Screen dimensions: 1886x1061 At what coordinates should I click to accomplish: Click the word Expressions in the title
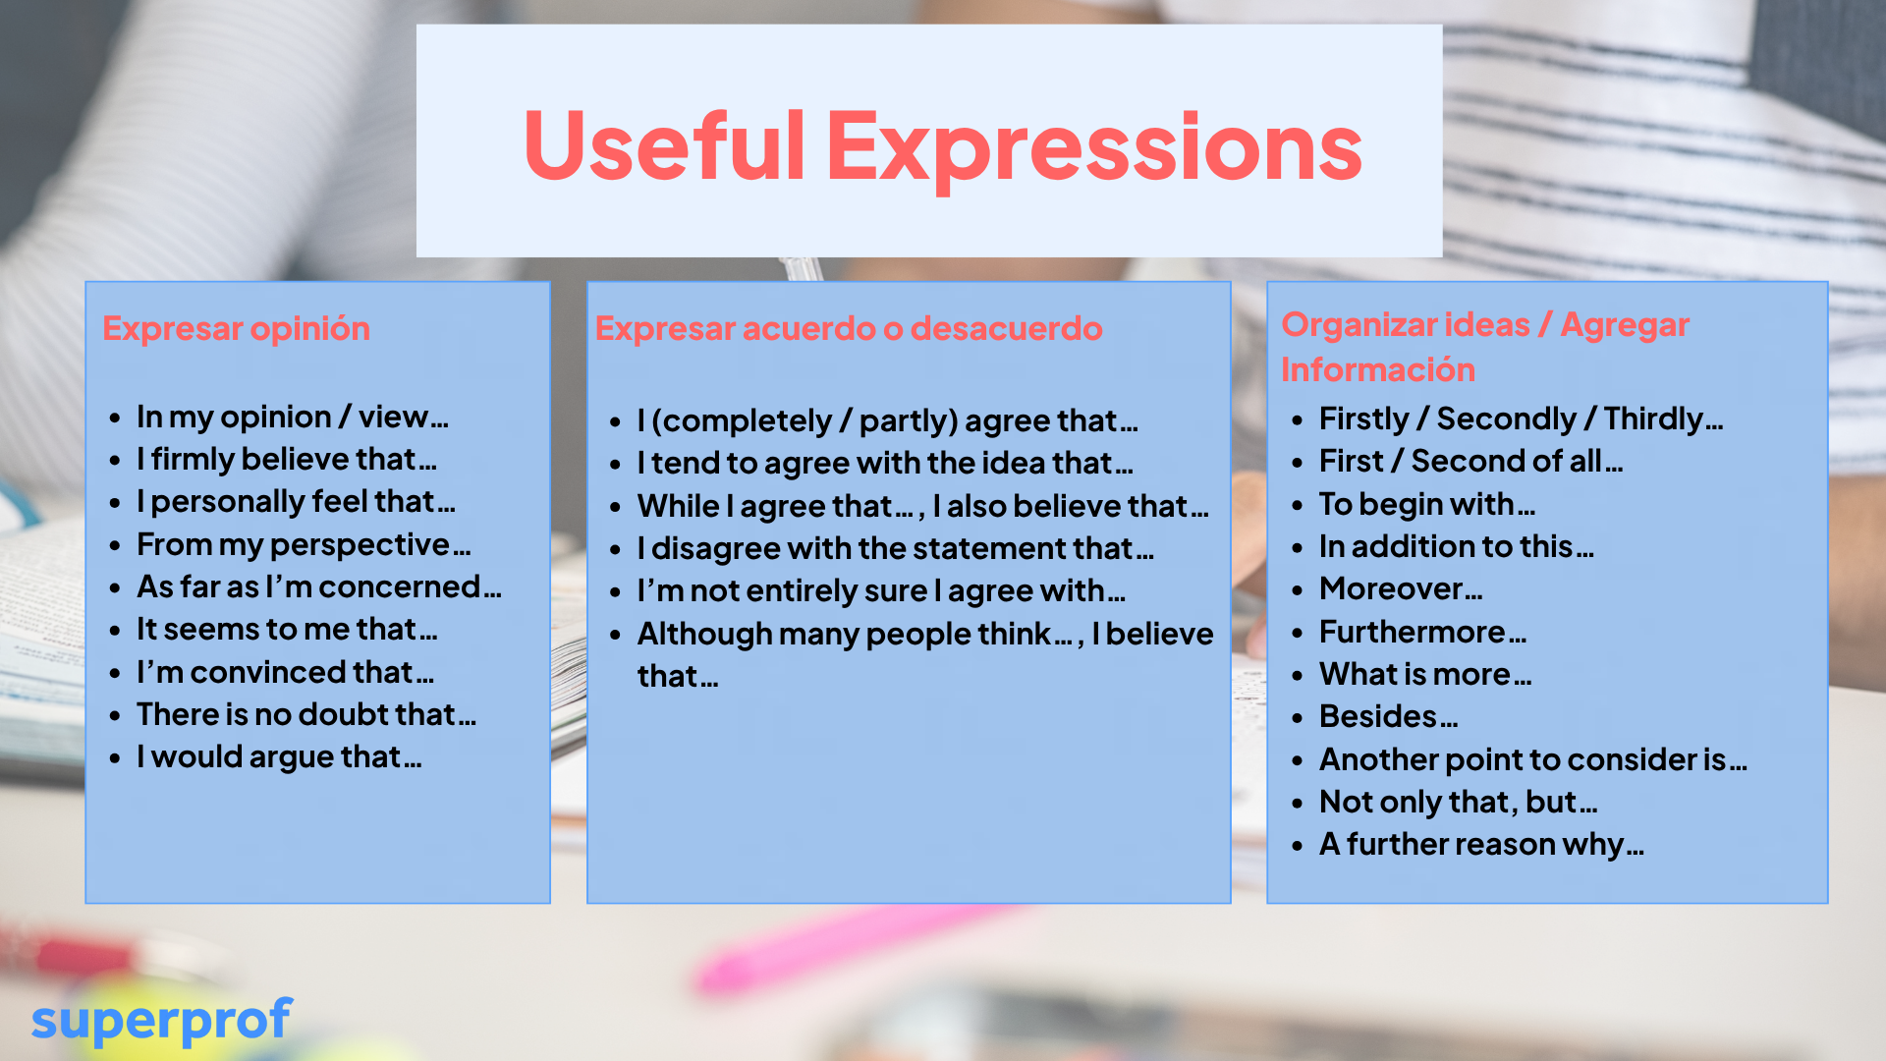tap(1094, 149)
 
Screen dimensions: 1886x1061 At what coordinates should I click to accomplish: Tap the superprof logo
tap(162, 1021)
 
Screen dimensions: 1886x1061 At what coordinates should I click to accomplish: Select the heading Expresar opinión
tap(236, 329)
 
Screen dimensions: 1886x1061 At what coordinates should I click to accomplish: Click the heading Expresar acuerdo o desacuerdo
tap(849, 328)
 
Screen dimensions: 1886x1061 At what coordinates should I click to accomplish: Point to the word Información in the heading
tap(1378, 369)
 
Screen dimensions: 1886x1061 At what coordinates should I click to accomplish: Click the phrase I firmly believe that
tap(286, 459)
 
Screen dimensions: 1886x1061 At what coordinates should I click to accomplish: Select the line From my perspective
tap(304, 545)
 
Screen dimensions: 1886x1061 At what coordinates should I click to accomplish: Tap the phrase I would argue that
tap(279, 757)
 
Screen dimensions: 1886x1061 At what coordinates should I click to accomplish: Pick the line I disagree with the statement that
tap(895, 548)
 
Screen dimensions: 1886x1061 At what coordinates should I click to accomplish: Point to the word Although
tap(704, 635)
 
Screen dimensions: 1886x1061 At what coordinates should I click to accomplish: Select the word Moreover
tap(1401, 588)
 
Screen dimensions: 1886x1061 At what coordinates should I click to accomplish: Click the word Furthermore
tap(1422, 632)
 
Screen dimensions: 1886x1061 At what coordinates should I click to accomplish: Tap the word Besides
tap(1388, 716)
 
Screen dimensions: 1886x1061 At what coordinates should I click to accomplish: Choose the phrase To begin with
tap(1426, 505)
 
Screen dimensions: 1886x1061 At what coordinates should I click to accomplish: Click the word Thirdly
tap(1663, 419)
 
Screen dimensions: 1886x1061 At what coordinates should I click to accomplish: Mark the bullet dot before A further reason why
tap(1298, 845)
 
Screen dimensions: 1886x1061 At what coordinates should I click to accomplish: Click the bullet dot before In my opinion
tap(115, 418)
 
